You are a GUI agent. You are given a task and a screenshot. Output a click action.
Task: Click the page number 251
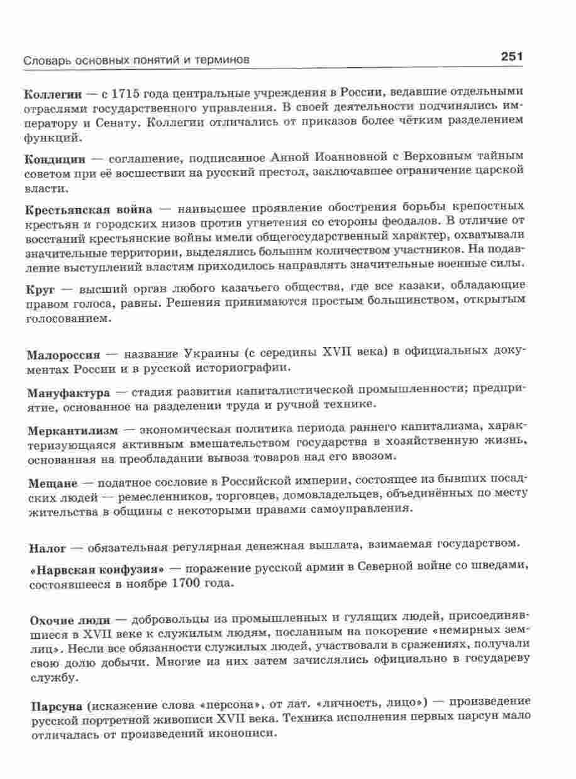point(512,57)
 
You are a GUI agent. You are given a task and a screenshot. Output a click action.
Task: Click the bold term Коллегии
point(53,95)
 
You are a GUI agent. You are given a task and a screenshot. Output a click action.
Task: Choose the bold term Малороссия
point(64,355)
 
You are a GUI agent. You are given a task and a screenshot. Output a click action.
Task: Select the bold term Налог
point(47,548)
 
